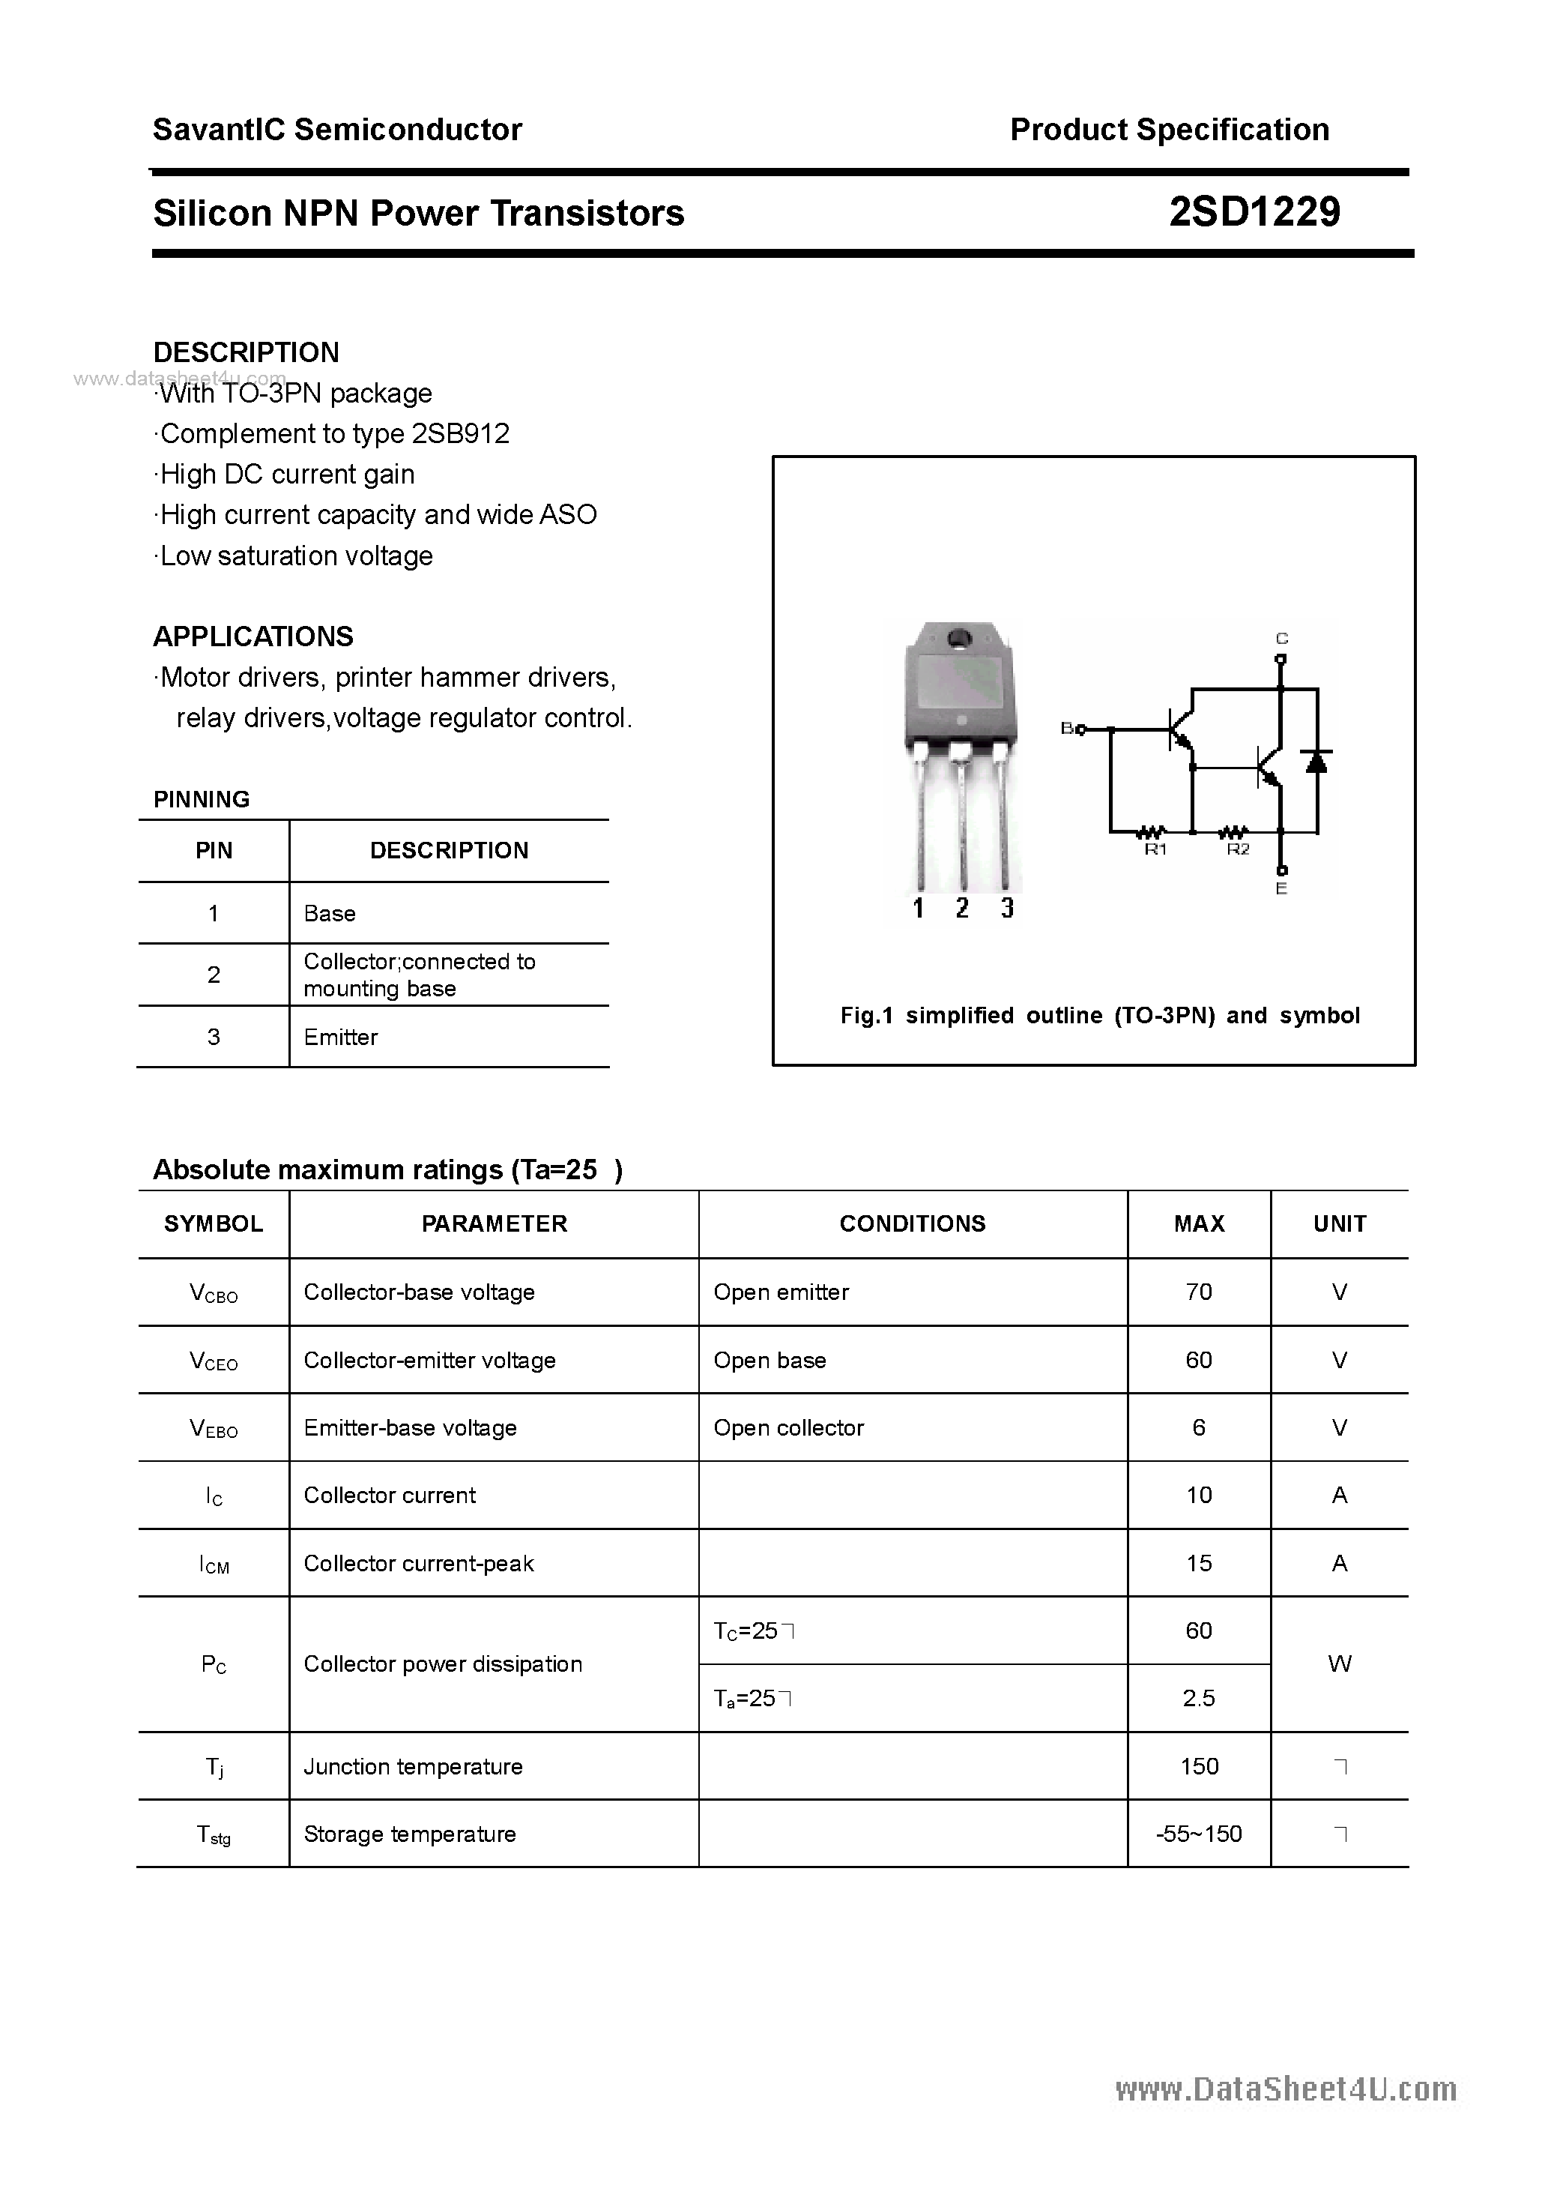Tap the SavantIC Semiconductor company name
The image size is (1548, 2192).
(337, 130)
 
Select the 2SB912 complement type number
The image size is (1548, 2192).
(460, 433)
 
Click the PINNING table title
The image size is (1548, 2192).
(202, 799)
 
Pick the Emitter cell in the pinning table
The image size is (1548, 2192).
(341, 1037)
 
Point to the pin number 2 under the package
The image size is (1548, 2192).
(962, 908)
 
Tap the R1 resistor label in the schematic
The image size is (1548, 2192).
(1155, 849)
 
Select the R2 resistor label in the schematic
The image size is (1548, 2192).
(1237, 849)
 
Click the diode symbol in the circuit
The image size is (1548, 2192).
(1318, 761)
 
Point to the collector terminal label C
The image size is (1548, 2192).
(1282, 639)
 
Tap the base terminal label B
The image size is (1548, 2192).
(1067, 729)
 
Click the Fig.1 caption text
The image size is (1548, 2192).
(1099, 1015)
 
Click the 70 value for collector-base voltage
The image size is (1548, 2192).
(1199, 1292)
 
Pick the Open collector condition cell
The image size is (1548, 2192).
(788, 1427)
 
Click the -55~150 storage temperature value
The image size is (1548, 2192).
(1199, 1833)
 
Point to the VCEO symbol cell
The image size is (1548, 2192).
(214, 1361)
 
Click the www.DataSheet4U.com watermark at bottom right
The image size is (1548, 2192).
(1286, 2090)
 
